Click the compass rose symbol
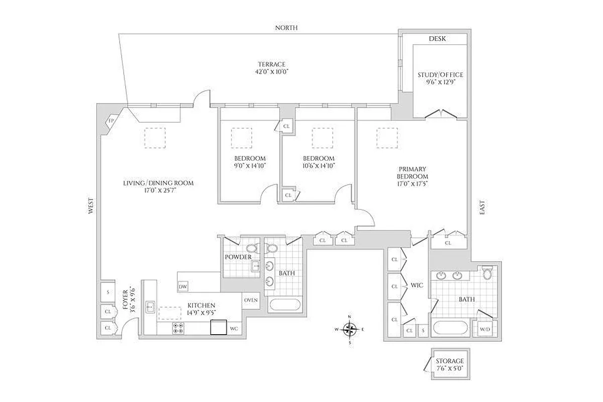click(x=350, y=330)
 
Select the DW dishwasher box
click(x=183, y=287)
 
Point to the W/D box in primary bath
click(x=485, y=330)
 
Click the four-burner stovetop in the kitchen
click(x=178, y=328)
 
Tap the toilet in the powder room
click(x=252, y=249)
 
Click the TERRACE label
click(x=271, y=64)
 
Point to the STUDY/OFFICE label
click(x=440, y=75)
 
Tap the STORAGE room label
click(x=449, y=361)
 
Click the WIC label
click(x=417, y=285)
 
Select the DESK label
click(x=437, y=39)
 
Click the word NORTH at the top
click(x=286, y=28)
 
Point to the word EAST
click(x=482, y=208)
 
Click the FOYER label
click(x=126, y=300)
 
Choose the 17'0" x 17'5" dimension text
click(x=412, y=183)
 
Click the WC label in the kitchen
click(x=234, y=329)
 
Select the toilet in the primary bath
click(x=487, y=273)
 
